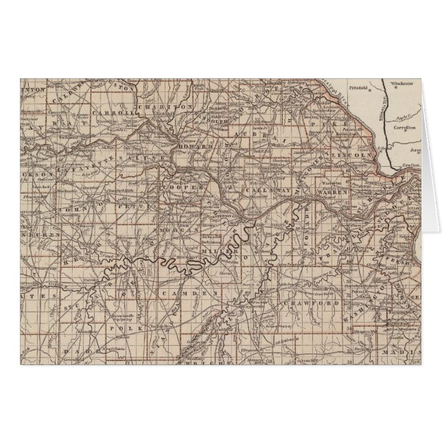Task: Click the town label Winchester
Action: [402, 83]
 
